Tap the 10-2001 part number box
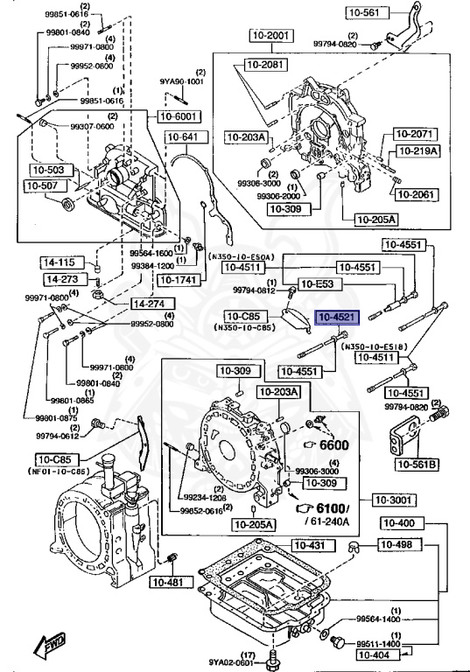(x=266, y=35)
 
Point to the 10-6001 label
(x=179, y=115)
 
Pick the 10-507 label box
(x=42, y=185)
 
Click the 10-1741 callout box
(x=178, y=280)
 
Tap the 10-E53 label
(x=316, y=283)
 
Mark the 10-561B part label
(x=417, y=464)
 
